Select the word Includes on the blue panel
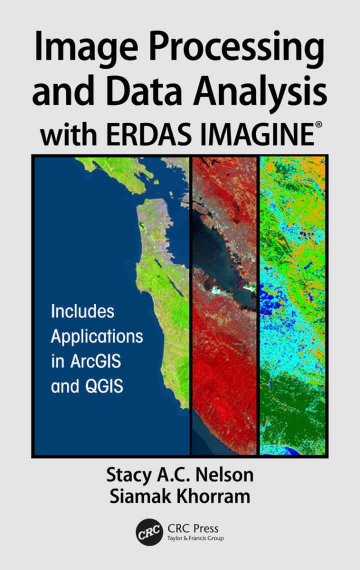[82, 311]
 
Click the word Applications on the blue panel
[97, 336]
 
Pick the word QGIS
[103, 386]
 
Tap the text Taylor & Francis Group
[195, 538]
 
